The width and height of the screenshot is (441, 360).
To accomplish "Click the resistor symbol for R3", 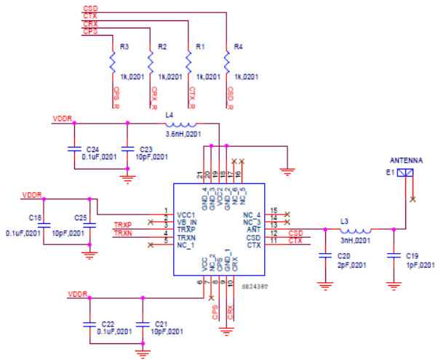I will point(112,63).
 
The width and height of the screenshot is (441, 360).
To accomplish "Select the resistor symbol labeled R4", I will point(226,63).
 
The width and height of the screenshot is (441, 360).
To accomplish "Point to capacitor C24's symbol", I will point(73,149).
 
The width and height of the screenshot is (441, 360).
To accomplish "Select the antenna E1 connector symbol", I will point(408,173).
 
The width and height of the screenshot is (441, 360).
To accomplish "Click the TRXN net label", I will point(122,234).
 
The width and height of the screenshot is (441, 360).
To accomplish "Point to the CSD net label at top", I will point(90,8).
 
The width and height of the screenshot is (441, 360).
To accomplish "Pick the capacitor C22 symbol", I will point(90,321).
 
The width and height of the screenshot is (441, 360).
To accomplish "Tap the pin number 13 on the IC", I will point(274,225).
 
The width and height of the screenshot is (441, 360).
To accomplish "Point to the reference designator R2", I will point(162,47).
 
